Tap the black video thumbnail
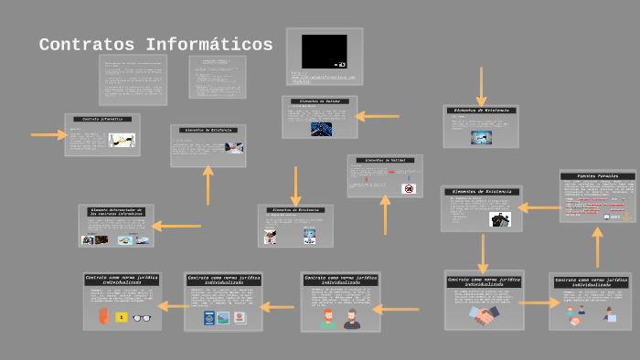(x=324, y=51)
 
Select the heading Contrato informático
(x=102, y=120)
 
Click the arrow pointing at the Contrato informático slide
(x=48, y=135)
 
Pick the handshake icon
(x=484, y=313)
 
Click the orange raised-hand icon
(x=103, y=316)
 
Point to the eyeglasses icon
(x=143, y=317)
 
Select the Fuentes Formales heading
(x=597, y=175)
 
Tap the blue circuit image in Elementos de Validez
(x=321, y=129)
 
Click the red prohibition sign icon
(x=409, y=188)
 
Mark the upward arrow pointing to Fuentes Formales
(x=597, y=246)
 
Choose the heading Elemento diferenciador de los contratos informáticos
(x=115, y=212)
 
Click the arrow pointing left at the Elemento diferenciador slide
(x=176, y=226)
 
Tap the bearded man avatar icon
(x=352, y=319)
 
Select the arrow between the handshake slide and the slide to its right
(x=539, y=302)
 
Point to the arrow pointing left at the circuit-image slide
(x=377, y=116)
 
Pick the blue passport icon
(x=208, y=318)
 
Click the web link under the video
(x=322, y=78)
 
